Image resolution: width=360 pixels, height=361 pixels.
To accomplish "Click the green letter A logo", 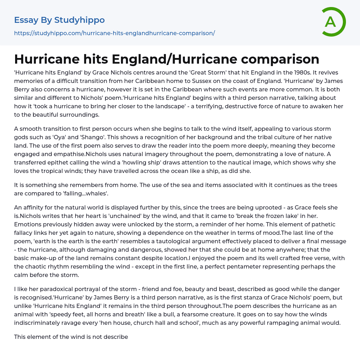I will click(333, 22).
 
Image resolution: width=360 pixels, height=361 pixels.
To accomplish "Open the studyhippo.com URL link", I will click(114, 33).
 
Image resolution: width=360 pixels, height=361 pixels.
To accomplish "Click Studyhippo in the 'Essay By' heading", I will click(79, 20).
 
